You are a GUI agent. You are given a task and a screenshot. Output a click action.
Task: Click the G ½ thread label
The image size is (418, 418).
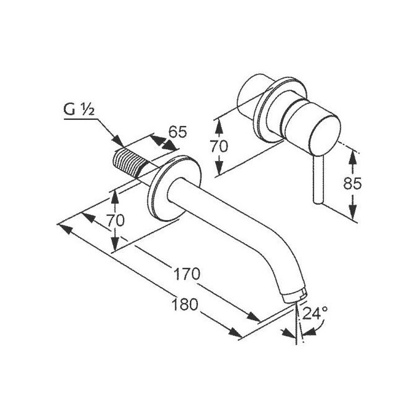(79, 109)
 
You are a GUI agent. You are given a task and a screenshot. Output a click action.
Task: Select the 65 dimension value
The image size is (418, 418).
(178, 132)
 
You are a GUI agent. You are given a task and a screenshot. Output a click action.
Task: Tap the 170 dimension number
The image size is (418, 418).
(186, 274)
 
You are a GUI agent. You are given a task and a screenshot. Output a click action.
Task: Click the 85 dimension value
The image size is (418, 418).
(352, 183)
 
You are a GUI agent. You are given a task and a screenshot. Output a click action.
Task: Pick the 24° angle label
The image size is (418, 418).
(315, 313)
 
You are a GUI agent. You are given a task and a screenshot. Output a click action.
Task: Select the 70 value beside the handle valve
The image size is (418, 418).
(219, 146)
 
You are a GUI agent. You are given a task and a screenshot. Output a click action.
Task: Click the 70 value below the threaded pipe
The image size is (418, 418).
(116, 220)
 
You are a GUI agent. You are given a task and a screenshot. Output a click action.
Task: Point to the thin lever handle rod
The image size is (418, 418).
(319, 180)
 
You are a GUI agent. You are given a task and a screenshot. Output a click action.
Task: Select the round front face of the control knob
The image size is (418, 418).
(325, 135)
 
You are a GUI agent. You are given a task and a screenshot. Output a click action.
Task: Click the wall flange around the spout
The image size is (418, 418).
(175, 189)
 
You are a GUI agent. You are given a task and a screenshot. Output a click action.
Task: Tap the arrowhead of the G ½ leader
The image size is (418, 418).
(118, 141)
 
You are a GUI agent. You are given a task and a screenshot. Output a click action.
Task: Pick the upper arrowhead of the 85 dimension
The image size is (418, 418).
(353, 157)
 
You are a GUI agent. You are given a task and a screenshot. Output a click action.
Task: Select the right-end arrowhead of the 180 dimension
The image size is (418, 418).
(235, 333)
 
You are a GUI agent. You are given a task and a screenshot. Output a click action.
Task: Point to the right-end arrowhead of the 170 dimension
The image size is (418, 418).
(253, 317)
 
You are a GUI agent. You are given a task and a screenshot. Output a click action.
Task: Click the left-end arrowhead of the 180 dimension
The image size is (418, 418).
(65, 229)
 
